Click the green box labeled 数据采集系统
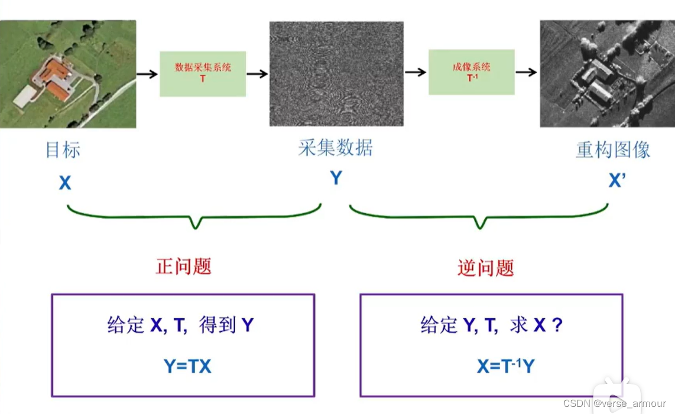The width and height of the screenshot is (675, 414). pos(203,74)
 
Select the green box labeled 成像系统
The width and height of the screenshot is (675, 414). pos(471,72)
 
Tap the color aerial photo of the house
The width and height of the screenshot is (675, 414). pos(68,74)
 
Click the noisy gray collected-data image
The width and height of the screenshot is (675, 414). pos(336,74)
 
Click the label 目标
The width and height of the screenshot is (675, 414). pos(63,150)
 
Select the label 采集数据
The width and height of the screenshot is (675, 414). pos(336,148)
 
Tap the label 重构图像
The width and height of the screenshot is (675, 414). pos(613,149)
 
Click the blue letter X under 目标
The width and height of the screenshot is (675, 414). pos(65,183)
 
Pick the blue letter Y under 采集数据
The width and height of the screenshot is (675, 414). pos(336,178)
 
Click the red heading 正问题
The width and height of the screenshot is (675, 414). pos(183,266)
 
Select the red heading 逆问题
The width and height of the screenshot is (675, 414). pos(485,268)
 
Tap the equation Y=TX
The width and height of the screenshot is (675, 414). pos(187,366)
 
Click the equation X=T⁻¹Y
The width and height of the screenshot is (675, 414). pos(506,366)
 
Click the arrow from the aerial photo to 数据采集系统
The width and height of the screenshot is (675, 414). pos(148,74)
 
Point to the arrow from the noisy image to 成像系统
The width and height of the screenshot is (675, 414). pos(416,72)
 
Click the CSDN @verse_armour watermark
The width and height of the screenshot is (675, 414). pos(615,403)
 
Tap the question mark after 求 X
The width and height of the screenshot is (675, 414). pos(557,325)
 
